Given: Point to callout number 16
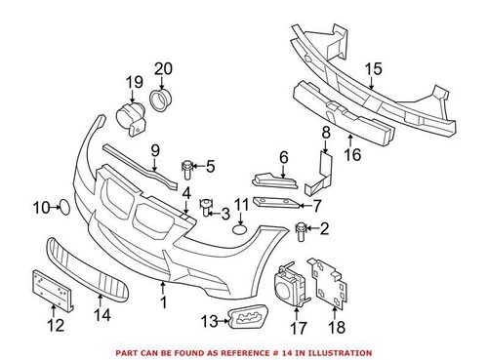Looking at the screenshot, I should pos(354,152).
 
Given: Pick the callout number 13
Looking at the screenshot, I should pos(209,320).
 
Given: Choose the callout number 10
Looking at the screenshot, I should pos(40,207).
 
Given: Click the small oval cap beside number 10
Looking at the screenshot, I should pos(61,207).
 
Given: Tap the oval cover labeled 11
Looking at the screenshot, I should pos(241,235).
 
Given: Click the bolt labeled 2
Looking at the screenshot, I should pos(301,231).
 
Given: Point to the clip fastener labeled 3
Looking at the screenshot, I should pos(205,207).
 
